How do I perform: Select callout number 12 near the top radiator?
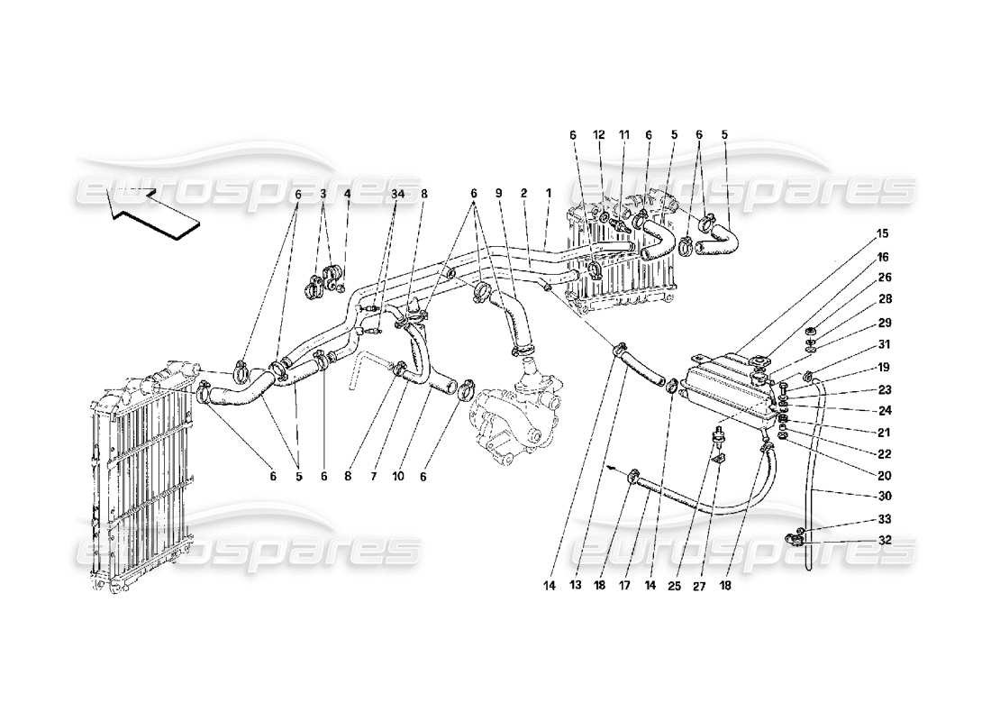pyautogui.click(x=597, y=134)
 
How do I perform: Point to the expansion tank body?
pyautogui.click(x=725, y=388)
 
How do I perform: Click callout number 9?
pyautogui.click(x=498, y=193)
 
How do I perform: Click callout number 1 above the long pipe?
pyautogui.click(x=547, y=193)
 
